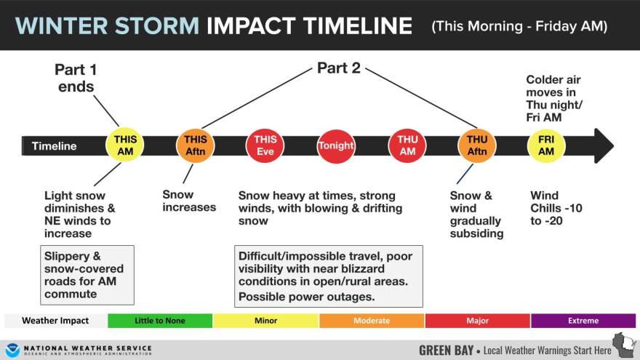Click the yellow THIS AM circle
click(x=125, y=145)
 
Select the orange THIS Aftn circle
click(x=195, y=145)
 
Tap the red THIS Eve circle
click(x=265, y=145)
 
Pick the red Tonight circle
click(x=336, y=145)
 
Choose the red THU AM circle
click(x=407, y=145)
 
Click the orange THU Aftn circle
click(x=477, y=145)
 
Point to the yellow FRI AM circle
click(x=546, y=145)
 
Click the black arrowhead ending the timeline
click(x=603, y=145)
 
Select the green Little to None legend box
click(x=160, y=321)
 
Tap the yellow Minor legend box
click(x=265, y=321)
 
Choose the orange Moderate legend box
click(x=372, y=321)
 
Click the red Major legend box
click(x=478, y=321)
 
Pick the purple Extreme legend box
click(x=583, y=321)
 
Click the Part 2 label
click(x=339, y=68)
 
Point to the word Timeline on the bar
click(x=55, y=146)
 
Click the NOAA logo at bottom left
click(x=12, y=350)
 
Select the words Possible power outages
click(x=306, y=297)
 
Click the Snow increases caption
click(x=189, y=201)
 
